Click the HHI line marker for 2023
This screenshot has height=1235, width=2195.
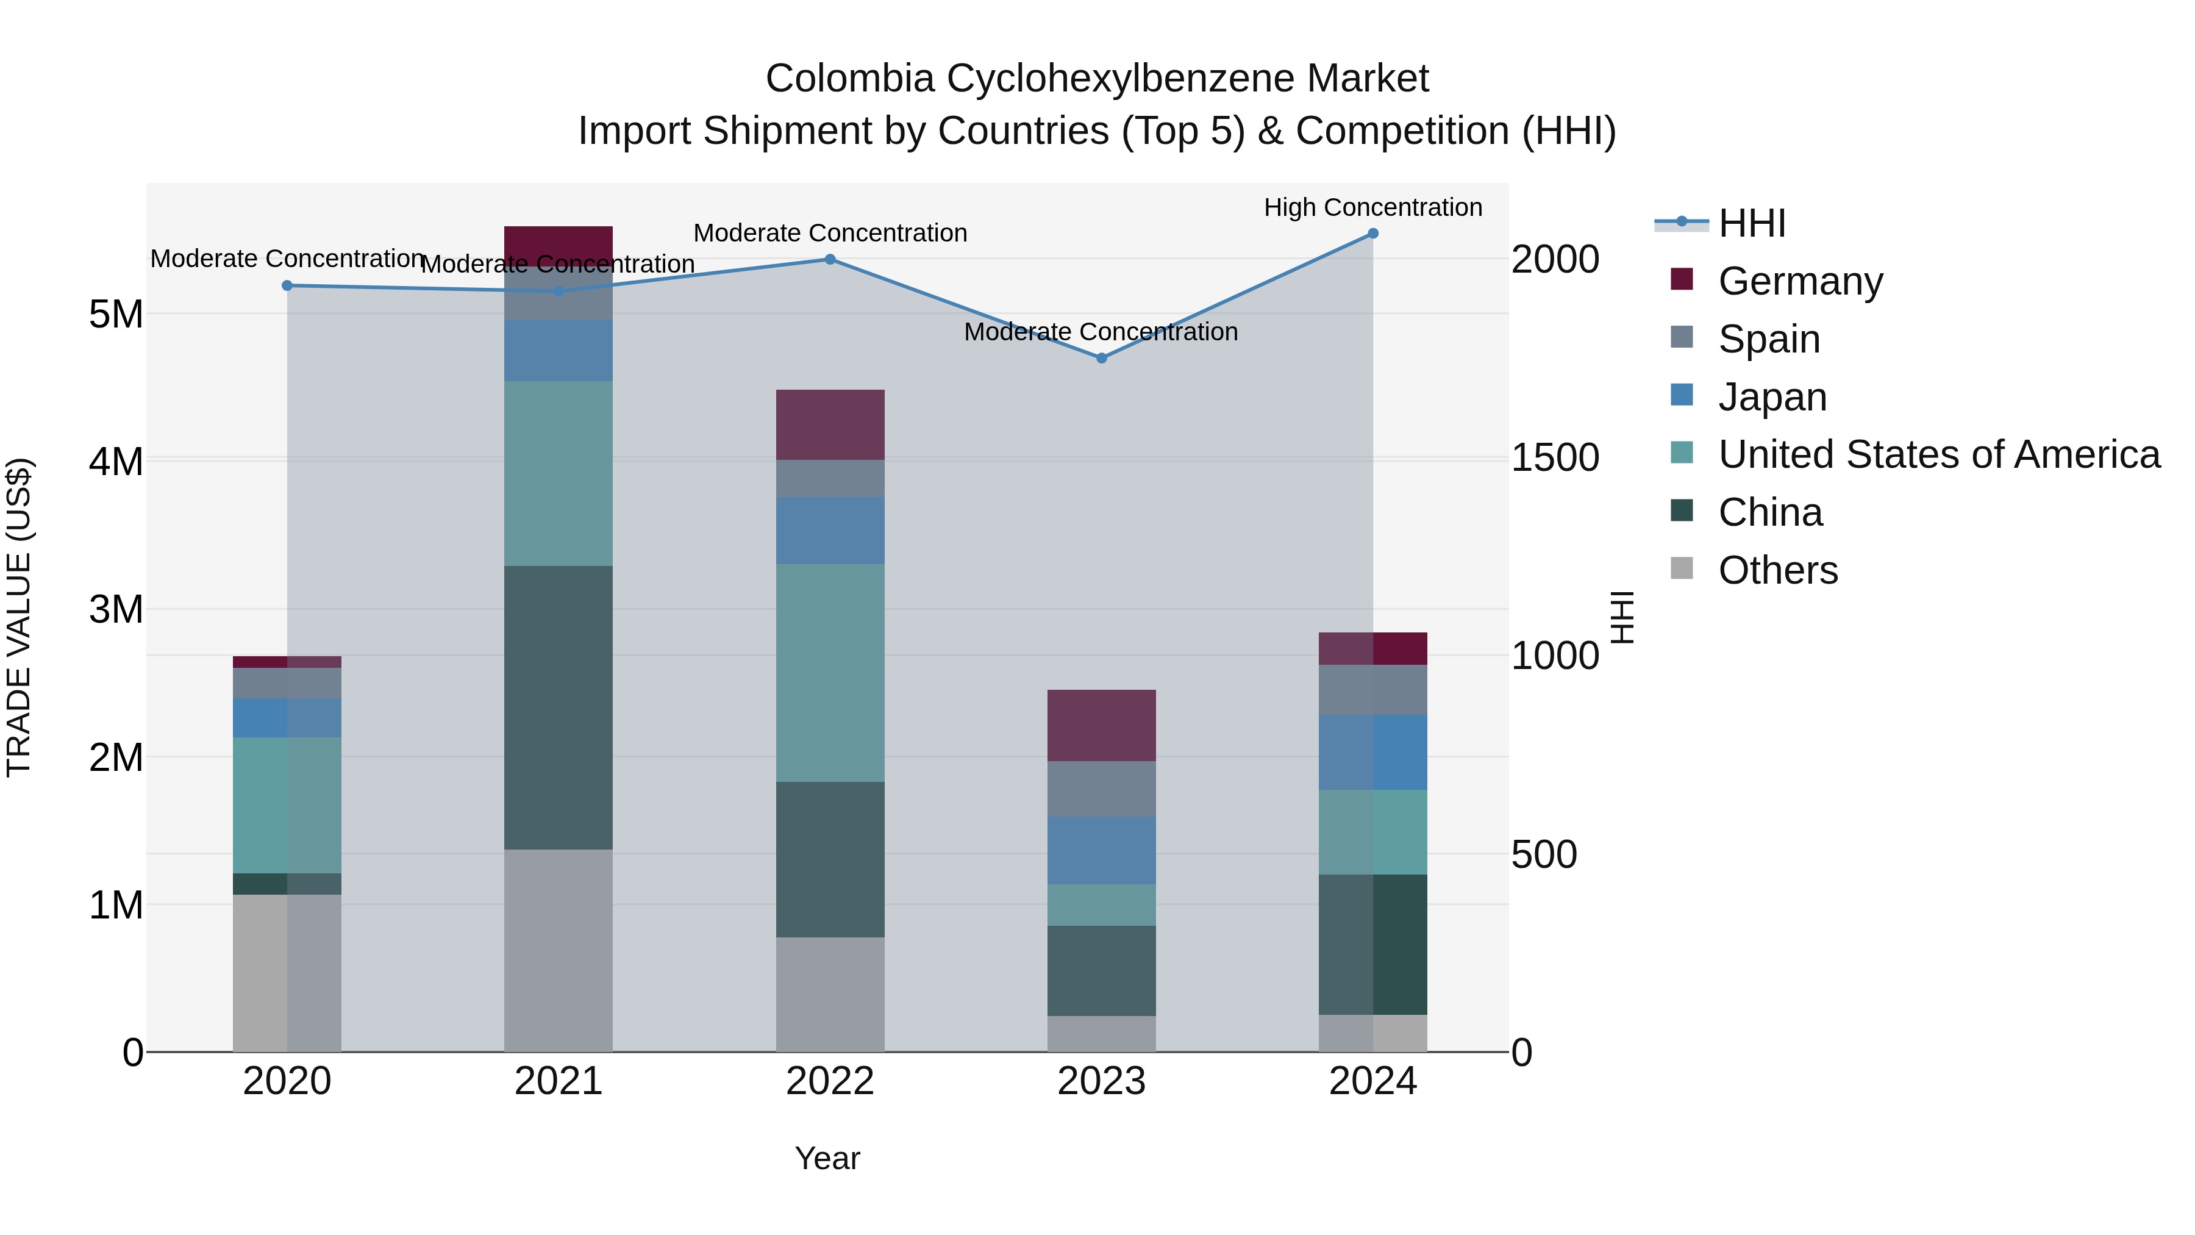pos(1101,358)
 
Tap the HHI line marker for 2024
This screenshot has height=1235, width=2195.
pos(1372,234)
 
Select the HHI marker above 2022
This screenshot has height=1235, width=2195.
pos(830,259)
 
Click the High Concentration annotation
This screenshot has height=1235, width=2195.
pos(1372,207)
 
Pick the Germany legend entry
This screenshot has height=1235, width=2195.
pos(1800,281)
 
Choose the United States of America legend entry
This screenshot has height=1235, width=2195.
pos(1938,454)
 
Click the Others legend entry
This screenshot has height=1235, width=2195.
pos(1777,570)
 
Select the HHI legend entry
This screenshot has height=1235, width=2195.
pos(1751,223)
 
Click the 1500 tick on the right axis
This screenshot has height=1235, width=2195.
pos(1555,457)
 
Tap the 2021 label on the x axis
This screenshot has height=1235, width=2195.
pos(558,1081)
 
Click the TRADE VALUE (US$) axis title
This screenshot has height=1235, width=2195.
pos(19,617)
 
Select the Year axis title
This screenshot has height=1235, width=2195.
pos(827,1158)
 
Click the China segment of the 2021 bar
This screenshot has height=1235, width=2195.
pos(558,707)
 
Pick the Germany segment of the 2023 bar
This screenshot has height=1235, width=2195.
pos(1101,725)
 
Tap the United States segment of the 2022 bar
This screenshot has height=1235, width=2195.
pos(830,673)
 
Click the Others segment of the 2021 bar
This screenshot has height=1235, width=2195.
pos(558,950)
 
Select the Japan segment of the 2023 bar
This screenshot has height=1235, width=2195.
pos(1101,851)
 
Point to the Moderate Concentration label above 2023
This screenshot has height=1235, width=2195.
pos(1101,332)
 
